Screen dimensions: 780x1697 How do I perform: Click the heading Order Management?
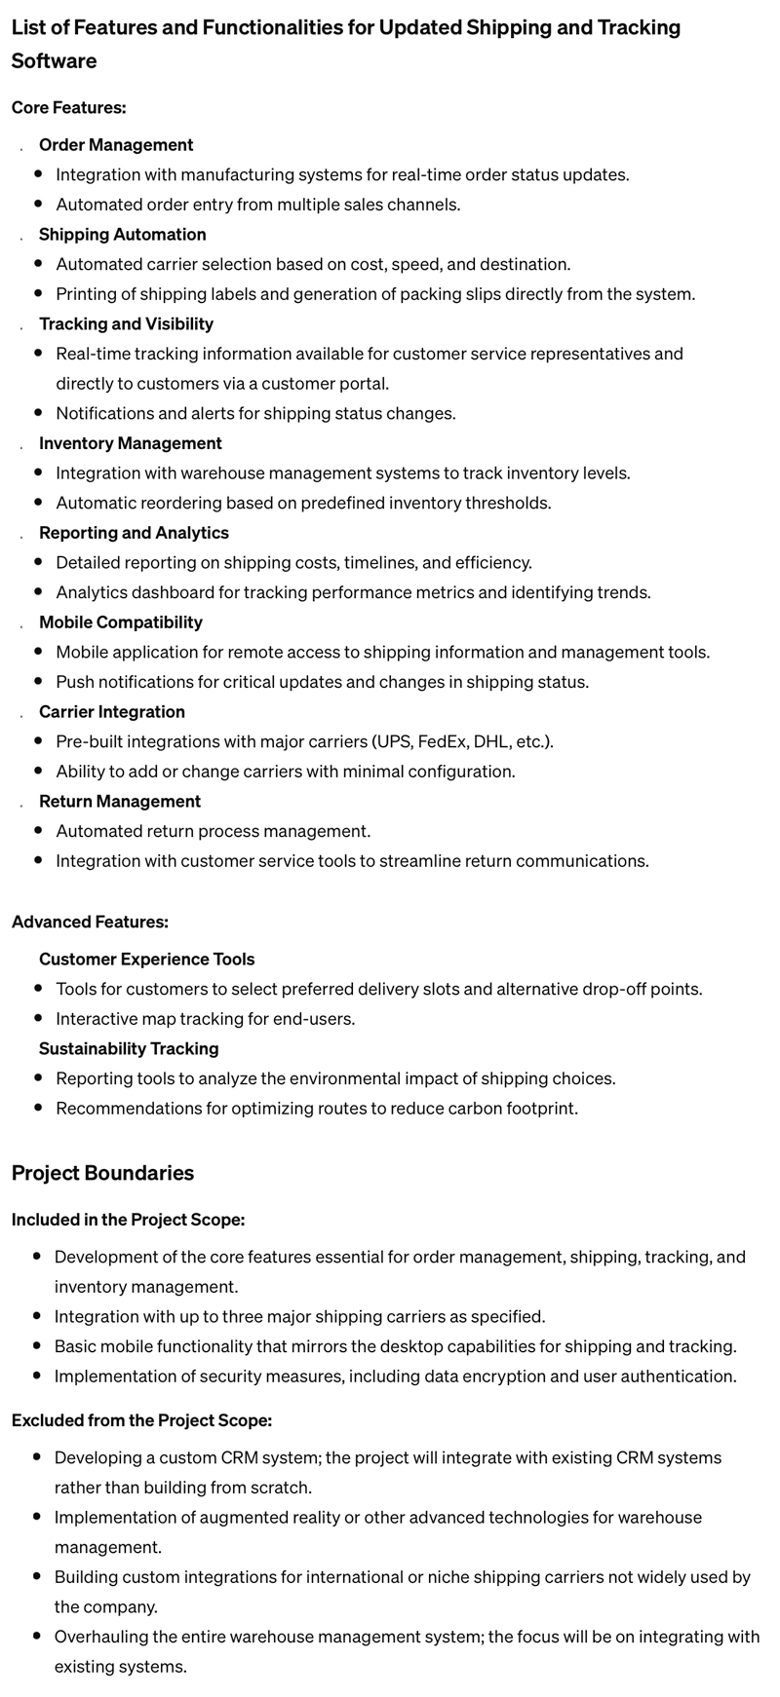coord(116,145)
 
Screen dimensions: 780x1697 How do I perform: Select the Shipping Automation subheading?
coord(122,235)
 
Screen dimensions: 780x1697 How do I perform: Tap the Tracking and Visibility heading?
coord(126,324)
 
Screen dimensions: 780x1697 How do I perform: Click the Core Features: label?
coord(69,107)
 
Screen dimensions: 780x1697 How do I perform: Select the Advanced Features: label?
coord(90,922)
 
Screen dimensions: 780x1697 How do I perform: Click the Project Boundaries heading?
coord(102,1173)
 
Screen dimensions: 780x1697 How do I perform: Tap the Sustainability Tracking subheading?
coord(129,1049)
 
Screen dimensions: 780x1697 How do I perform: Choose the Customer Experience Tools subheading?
coord(146,960)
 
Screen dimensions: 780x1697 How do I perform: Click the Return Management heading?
coord(120,802)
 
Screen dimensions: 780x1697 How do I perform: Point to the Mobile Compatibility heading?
coord(121,622)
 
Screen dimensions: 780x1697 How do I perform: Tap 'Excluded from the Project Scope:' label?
coord(141,1421)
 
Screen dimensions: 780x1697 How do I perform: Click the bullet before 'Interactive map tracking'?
coord(38,1019)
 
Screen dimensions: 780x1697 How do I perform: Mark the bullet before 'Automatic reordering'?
coord(38,503)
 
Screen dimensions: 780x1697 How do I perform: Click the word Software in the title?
coord(54,61)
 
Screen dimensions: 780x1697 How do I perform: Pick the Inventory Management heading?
coord(131,443)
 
